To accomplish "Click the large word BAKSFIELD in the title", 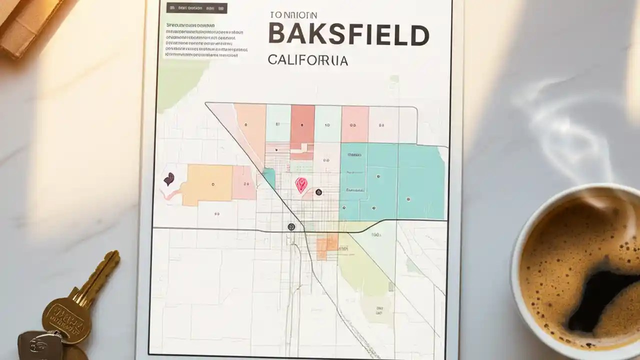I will click(348, 34).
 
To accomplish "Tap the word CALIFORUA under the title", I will click(308, 60).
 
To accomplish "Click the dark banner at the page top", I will click(196, 8).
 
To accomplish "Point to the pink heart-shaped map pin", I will click(301, 185).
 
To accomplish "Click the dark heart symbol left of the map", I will click(169, 179).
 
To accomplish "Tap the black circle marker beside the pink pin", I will click(318, 192).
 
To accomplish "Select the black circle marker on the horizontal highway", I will click(291, 227).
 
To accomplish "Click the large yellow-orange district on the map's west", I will click(207, 184).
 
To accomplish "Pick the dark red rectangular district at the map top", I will click(302, 127).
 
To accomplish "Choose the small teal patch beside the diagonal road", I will click(269, 177).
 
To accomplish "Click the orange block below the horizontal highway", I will click(327, 245).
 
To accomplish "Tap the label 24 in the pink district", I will click(245, 184).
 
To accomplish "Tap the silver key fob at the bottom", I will click(40, 345).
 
